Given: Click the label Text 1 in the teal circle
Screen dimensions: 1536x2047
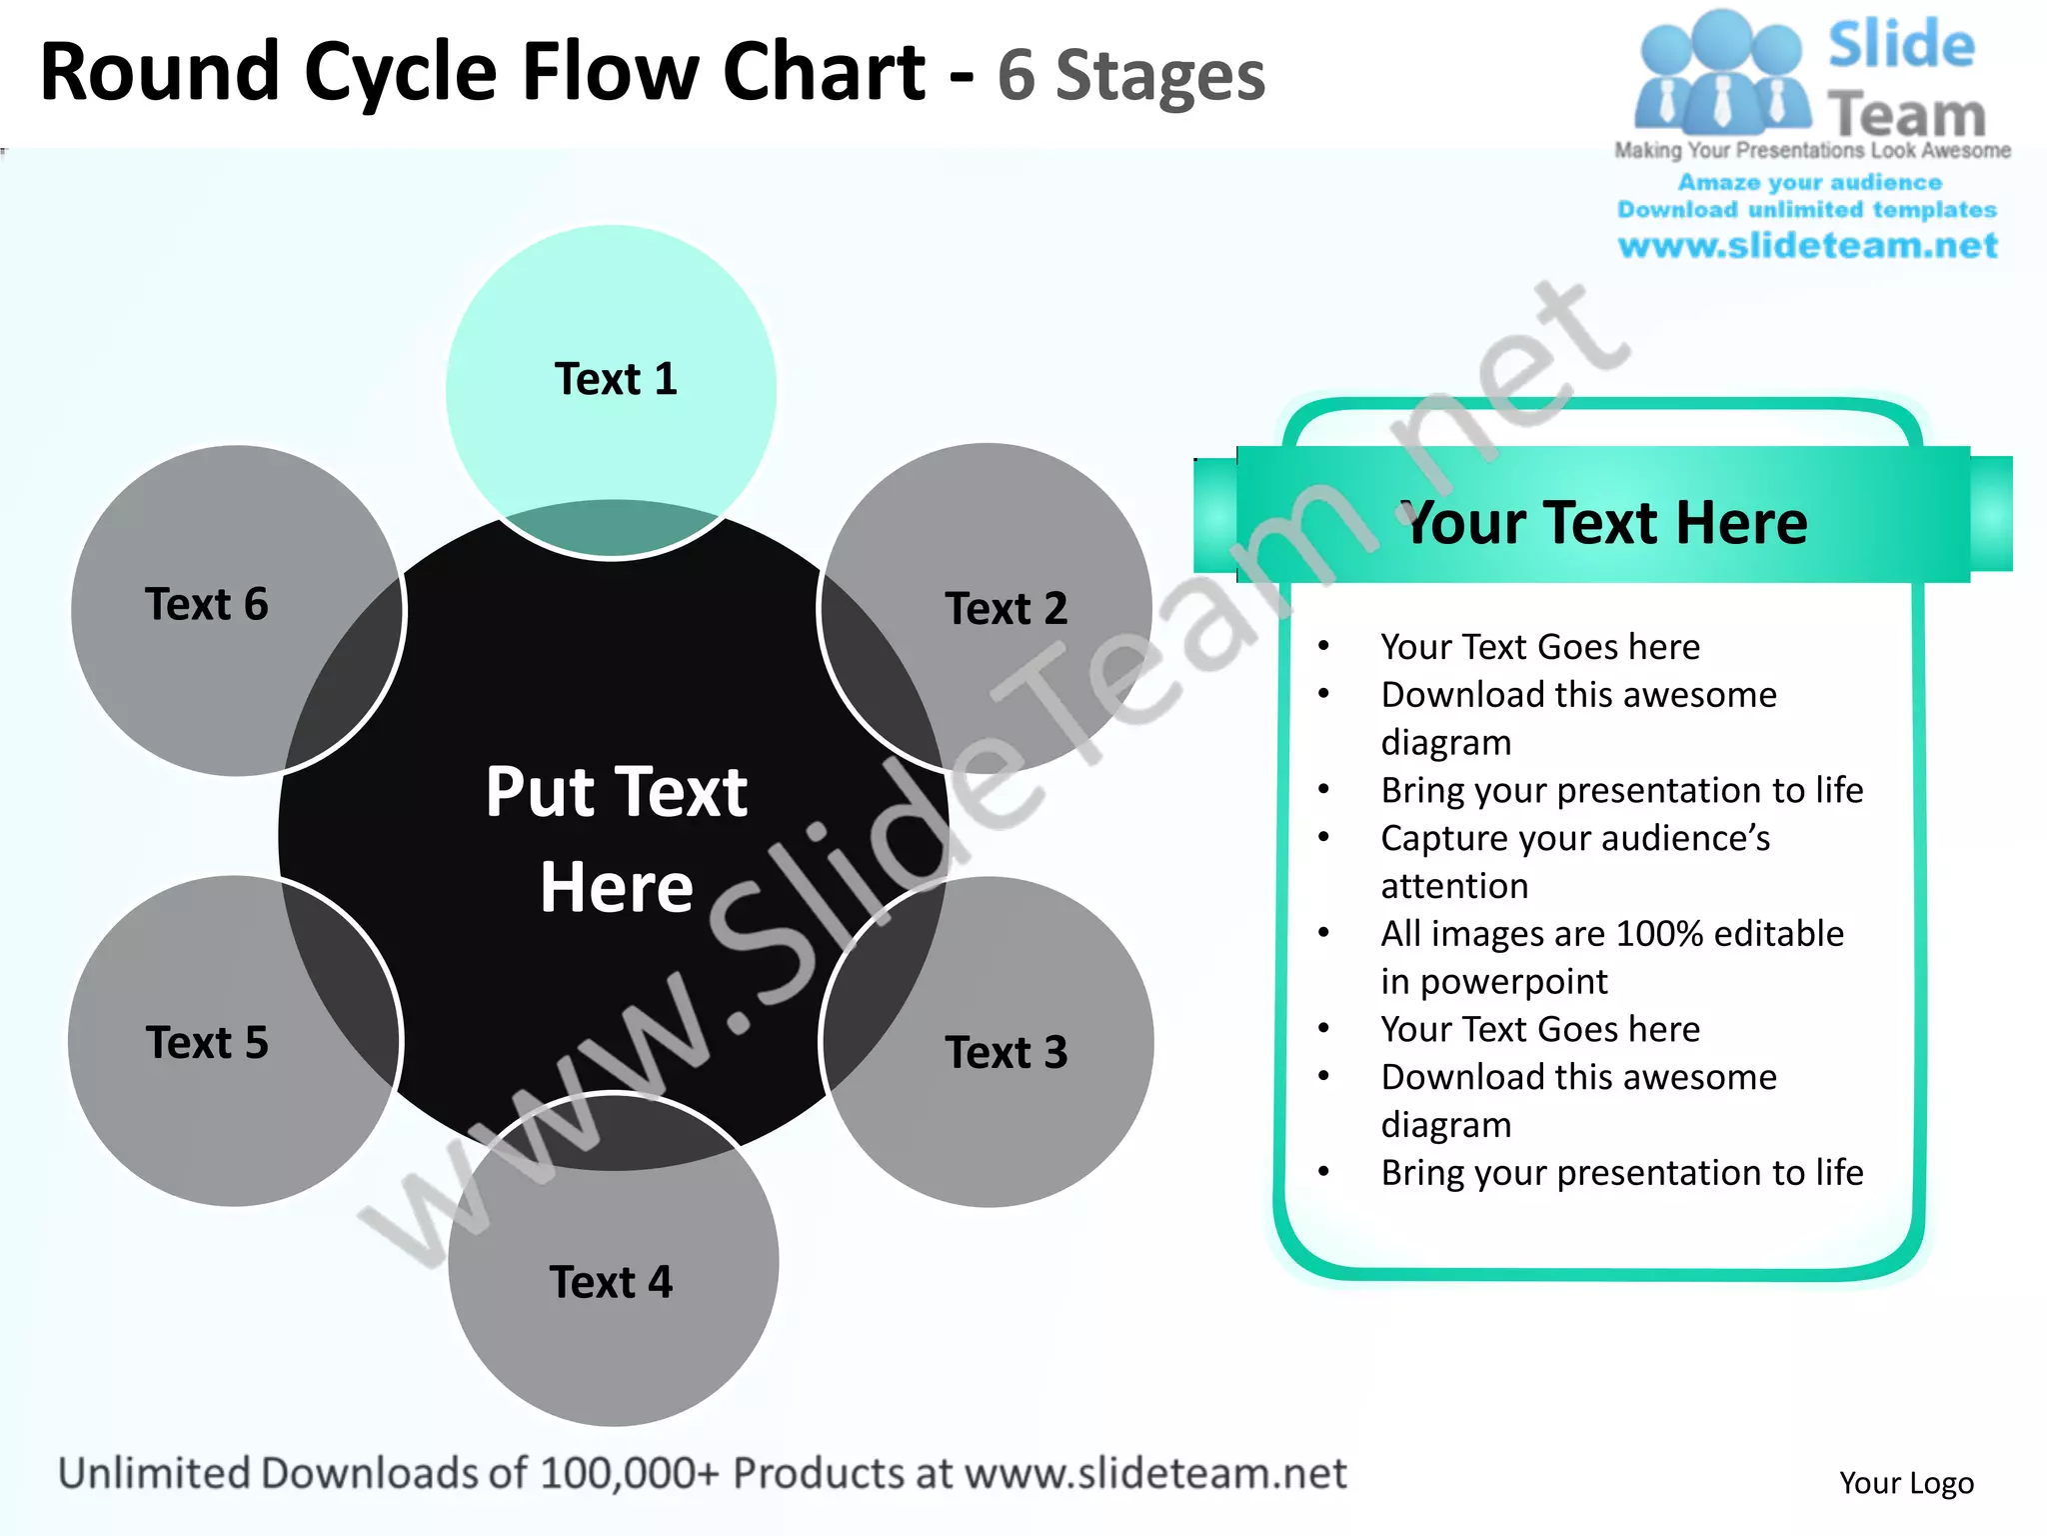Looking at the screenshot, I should pyautogui.click(x=616, y=379).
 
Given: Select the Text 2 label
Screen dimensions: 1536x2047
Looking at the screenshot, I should pyautogui.click(x=1006, y=608).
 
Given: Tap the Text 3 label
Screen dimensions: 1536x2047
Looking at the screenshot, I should pyautogui.click(x=1006, y=1052).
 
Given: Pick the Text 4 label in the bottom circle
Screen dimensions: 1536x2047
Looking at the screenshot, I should pyautogui.click(x=611, y=1282).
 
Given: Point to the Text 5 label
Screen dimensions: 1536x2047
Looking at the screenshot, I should pyautogui.click(x=207, y=1042).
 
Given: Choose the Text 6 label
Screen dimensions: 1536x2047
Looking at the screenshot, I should pyautogui.click(x=207, y=604).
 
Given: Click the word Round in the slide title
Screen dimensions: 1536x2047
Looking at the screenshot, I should pyautogui.click(x=160, y=72).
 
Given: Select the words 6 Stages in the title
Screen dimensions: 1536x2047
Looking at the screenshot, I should pyautogui.click(x=1130, y=76).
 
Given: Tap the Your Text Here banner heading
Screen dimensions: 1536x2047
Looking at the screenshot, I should pyautogui.click(x=1605, y=522).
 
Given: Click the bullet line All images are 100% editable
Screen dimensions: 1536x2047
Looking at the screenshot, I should pyautogui.click(x=1611, y=934).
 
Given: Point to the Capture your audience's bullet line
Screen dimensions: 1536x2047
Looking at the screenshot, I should pyautogui.click(x=1574, y=838).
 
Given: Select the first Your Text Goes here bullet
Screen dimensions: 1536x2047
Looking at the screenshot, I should pyautogui.click(x=1539, y=647).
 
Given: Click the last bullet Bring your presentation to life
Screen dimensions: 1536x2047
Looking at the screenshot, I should pyautogui.click(x=1621, y=1172).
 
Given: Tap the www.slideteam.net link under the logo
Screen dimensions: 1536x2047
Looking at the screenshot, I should pyautogui.click(x=1807, y=245).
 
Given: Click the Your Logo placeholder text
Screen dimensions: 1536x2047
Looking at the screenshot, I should pyautogui.click(x=1906, y=1482).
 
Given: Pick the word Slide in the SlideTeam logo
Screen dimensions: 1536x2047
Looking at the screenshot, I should pyautogui.click(x=1900, y=46).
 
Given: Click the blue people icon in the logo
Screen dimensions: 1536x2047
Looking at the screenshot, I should pyautogui.click(x=1721, y=75).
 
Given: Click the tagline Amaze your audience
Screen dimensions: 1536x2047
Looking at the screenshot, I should pyautogui.click(x=1809, y=182).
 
